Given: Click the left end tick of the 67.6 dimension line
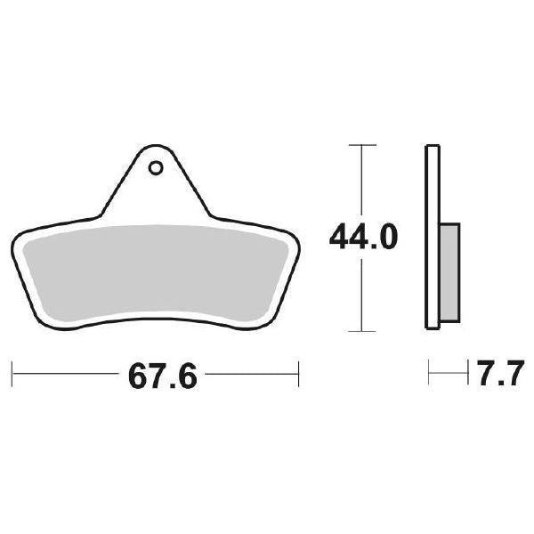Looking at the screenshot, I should pyautogui.click(x=12, y=374).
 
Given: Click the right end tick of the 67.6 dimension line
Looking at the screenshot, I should pyautogui.click(x=298, y=374).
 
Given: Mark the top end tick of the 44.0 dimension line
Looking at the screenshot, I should pyautogui.click(x=361, y=143).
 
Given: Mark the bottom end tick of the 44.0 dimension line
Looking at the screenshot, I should pyautogui.click(x=361, y=331).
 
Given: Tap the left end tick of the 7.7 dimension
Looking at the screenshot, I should pyautogui.click(x=429, y=374).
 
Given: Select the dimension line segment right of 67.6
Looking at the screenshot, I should pyautogui.click(x=249, y=374).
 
